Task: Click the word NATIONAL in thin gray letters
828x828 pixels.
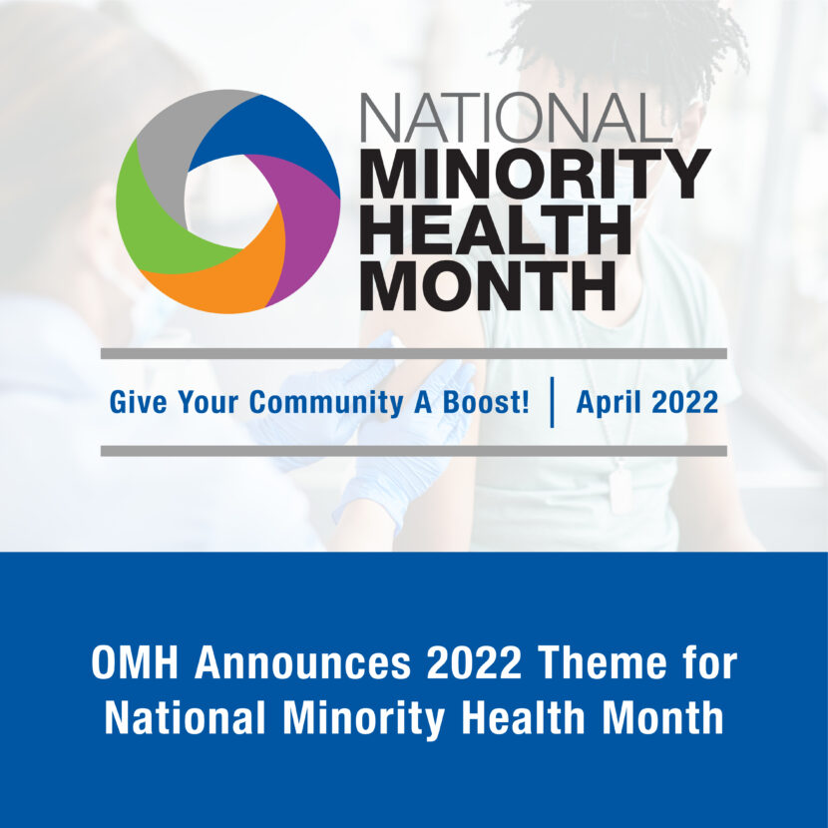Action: tap(516, 118)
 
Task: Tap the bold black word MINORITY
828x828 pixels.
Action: tap(535, 175)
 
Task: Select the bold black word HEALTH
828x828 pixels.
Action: tap(496, 229)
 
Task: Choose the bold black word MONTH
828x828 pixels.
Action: tap(489, 284)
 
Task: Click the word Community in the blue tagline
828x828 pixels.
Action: tap(326, 402)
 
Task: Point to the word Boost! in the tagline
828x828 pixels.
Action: tap(486, 402)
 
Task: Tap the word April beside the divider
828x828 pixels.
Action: tap(610, 403)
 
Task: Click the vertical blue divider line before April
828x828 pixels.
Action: tap(552, 402)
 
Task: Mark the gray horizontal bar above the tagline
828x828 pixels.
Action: tap(413, 354)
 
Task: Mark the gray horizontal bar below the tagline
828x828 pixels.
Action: tap(413, 451)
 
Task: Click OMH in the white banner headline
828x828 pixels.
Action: tap(136, 663)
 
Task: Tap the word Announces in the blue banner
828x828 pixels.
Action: tap(302, 663)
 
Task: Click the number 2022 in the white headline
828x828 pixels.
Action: tap(474, 663)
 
